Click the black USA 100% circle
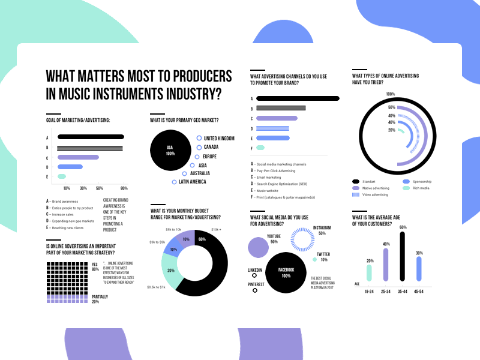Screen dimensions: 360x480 (170, 150)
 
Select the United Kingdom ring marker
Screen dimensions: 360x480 (199, 139)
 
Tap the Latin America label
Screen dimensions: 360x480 (193, 182)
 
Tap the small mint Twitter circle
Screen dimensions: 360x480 (314, 260)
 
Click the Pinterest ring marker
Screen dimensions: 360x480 (254, 290)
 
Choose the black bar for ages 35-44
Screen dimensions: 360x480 (402, 256)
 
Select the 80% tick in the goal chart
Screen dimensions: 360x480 (124, 188)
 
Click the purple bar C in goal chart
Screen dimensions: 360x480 (78, 157)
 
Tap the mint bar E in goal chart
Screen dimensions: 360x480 (62, 176)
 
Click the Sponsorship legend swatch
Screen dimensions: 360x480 (406, 181)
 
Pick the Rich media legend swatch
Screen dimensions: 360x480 (406, 188)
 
